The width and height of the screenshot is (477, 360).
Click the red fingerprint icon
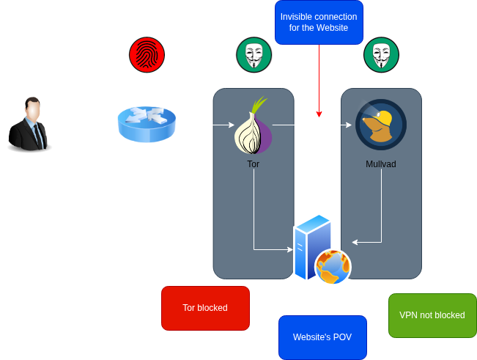147,54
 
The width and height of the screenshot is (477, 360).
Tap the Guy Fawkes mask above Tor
254,54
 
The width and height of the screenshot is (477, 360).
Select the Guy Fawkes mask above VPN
381,54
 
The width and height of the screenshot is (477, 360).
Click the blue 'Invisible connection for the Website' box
319,23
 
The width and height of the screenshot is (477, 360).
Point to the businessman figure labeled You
29,126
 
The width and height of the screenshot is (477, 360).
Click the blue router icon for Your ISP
147,125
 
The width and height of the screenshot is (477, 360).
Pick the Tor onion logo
254,125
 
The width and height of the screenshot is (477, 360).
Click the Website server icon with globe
322,249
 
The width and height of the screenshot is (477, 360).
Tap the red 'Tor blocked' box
204,308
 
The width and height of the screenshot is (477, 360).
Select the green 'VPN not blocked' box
432,315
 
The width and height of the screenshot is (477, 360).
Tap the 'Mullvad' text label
381,164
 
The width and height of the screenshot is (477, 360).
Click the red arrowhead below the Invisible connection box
319,114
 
